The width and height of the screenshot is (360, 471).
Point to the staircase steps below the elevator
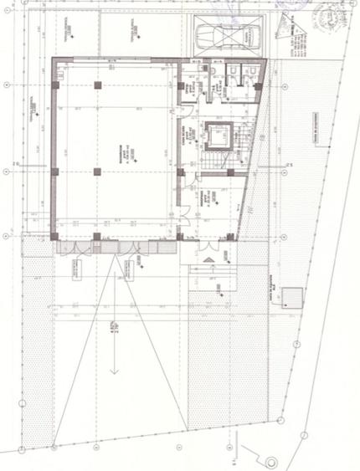point(220,159)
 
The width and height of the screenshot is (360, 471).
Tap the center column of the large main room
point(98,172)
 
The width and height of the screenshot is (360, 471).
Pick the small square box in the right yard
point(292,298)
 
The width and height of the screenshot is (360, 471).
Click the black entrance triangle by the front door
point(208,262)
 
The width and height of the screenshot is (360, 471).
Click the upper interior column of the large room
point(98,85)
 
